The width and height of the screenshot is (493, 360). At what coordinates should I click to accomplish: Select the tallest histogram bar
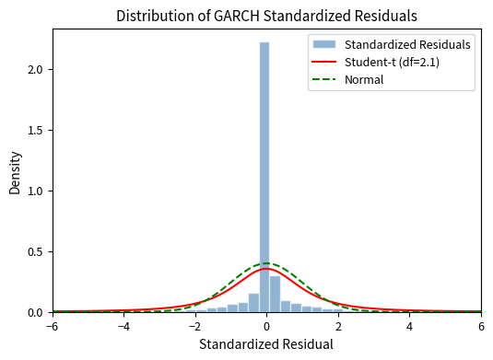264,175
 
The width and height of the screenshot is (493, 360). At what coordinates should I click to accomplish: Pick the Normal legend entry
364,79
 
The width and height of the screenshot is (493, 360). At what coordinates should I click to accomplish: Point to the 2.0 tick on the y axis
36,70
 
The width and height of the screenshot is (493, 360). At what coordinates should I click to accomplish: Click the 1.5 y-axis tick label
36,131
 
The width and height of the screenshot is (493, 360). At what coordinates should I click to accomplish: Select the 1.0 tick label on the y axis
36,192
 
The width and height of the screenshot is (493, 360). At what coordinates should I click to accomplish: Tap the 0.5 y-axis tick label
36,252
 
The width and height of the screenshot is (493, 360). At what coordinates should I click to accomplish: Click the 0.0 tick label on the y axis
36,313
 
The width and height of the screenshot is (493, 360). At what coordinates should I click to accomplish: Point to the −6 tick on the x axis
53,326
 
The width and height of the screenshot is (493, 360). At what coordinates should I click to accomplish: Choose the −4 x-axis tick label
123,326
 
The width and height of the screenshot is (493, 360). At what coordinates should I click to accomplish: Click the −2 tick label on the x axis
195,326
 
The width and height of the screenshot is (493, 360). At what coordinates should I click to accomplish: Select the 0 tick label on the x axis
267,326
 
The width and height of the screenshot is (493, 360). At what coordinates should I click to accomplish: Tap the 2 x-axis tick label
338,326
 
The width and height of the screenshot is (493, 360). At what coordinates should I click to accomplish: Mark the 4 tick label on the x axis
410,326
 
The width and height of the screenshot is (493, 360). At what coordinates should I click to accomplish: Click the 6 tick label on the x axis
481,326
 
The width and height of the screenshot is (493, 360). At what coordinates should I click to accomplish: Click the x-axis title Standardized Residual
267,344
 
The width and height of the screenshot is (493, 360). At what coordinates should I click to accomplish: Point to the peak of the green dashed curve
267,264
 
